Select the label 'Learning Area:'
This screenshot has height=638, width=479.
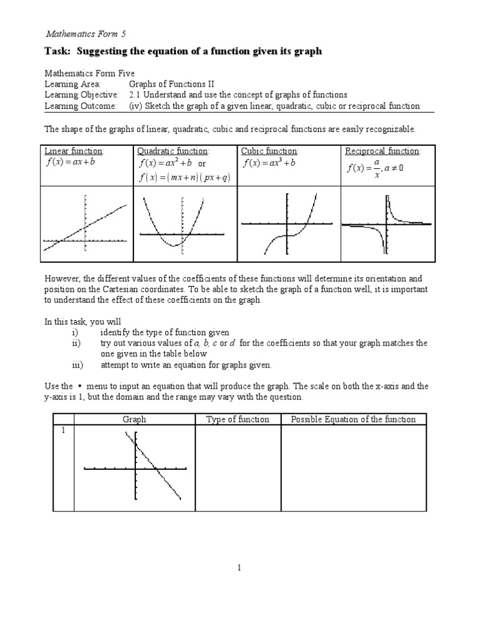[x=72, y=83]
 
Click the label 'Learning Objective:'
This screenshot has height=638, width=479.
[x=81, y=95]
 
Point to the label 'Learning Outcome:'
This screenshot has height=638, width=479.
[x=80, y=106]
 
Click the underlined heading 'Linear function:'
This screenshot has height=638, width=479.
[x=74, y=151]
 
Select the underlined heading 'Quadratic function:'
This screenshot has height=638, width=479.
[x=173, y=151]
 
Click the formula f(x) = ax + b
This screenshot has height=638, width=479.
[x=70, y=163]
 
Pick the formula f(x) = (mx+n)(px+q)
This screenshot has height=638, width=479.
[x=185, y=178]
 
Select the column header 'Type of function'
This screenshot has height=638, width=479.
[x=238, y=419]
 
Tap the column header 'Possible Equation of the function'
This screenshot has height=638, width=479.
[x=353, y=419]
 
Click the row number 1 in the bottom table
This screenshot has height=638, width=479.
[x=62, y=431]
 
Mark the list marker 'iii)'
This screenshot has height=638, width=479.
[x=77, y=365]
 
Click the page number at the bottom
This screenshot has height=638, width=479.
[x=239, y=568]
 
